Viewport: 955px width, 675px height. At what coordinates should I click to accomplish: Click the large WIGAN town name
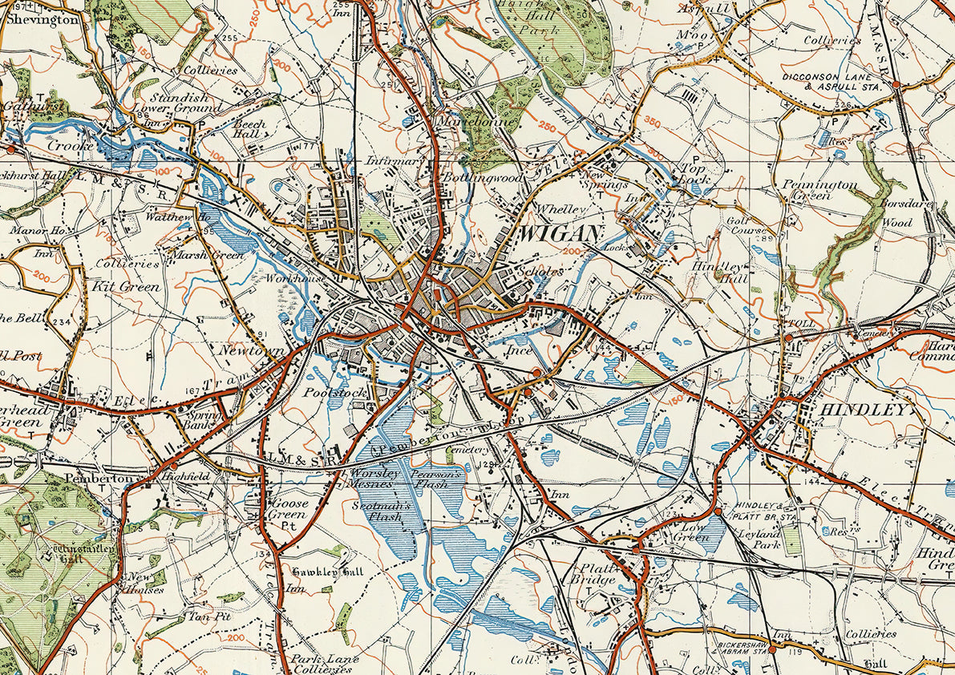pos(560,234)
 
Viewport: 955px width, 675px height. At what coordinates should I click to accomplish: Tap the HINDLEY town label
pos(864,410)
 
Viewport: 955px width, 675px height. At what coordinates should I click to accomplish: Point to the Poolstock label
pos(334,393)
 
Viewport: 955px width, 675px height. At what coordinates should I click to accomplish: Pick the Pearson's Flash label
pos(438,479)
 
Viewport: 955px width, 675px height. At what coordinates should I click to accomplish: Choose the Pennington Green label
pos(820,189)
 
